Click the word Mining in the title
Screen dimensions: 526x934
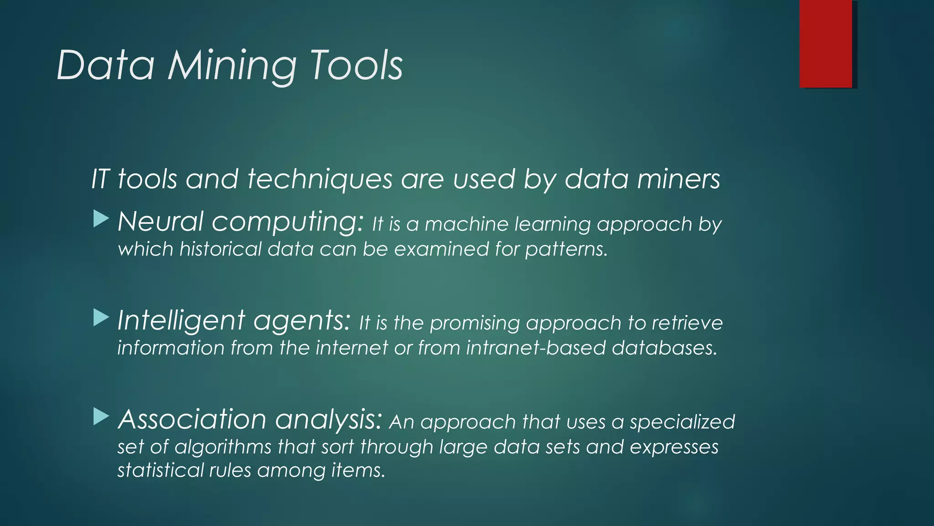coord(232,67)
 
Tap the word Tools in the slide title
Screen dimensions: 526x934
coord(356,66)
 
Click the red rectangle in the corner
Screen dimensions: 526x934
coord(825,44)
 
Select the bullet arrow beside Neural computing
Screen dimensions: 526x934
coord(101,219)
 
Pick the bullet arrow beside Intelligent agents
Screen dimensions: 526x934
coord(101,318)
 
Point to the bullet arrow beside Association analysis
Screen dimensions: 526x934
coord(101,416)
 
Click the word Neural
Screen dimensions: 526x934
coord(161,222)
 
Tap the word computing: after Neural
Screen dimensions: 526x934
coord(288,223)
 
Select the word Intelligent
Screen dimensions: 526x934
coord(181,321)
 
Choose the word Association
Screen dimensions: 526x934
coord(192,419)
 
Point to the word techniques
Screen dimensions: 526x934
coord(320,179)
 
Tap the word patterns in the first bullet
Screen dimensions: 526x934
coord(566,250)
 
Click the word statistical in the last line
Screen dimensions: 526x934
coord(159,470)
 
